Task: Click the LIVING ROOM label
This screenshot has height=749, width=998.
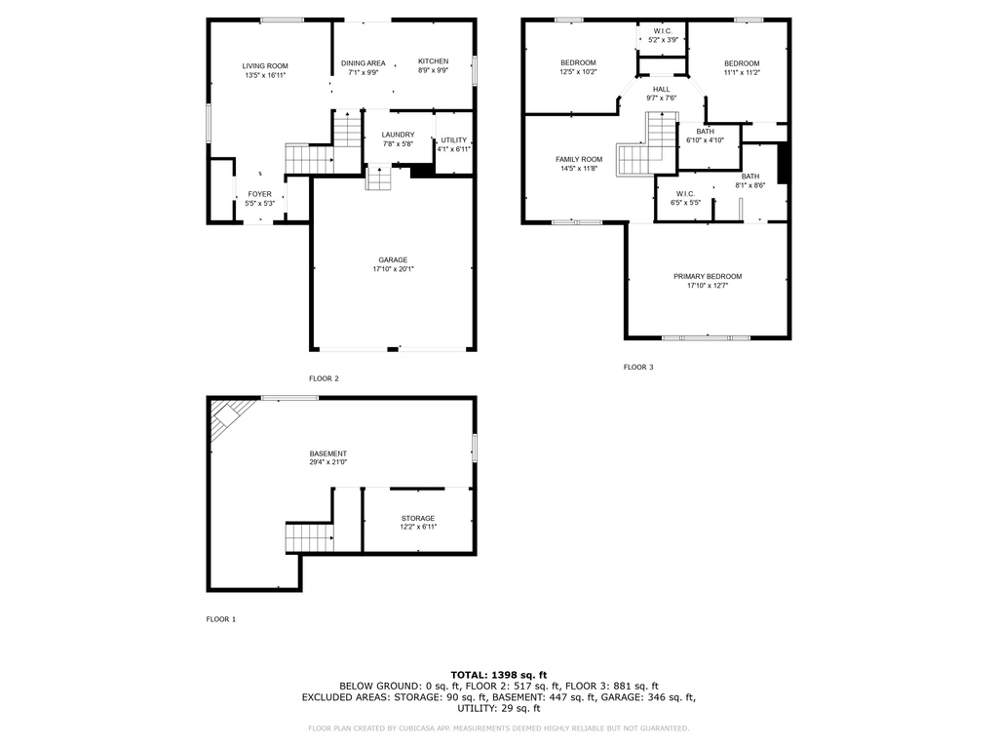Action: click(265, 65)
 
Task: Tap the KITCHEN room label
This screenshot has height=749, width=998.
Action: click(433, 61)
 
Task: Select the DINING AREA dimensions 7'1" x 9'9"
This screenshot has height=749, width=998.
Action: click(363, 72)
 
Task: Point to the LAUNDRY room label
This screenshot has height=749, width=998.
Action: click(398, 135)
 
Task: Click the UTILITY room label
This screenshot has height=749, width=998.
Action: click(454, 140)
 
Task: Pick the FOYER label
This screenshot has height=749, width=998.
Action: click(259, 194)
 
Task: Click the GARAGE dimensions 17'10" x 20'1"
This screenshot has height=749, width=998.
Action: click(394, 269)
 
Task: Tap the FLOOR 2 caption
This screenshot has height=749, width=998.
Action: click(324, 378)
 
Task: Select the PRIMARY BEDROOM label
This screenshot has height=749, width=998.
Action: click(708, 276)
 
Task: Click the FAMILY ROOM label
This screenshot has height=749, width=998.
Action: click(579, 159)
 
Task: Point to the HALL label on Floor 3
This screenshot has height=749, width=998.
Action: click(662, 89)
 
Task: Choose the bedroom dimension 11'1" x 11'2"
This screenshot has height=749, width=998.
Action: click(742, 72)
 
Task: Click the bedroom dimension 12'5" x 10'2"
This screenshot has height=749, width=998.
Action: click(578, 72)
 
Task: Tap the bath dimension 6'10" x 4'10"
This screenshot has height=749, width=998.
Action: click(706, 140)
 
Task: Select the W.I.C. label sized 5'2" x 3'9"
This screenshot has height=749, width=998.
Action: click(663, 31)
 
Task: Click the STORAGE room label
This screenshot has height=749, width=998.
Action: click(418, 519)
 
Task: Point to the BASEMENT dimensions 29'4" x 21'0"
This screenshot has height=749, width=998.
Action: click(328, 462)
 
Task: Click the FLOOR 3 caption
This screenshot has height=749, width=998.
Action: click(638, 367)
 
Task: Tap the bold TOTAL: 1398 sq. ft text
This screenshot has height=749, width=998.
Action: click(499, 675)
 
